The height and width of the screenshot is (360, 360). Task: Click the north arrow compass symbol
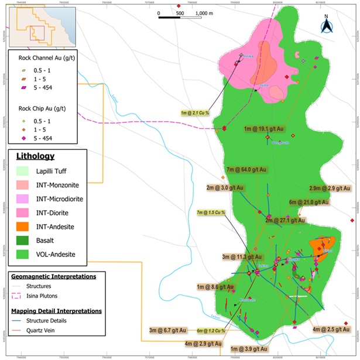pyautogui.click(x=325, y=25)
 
